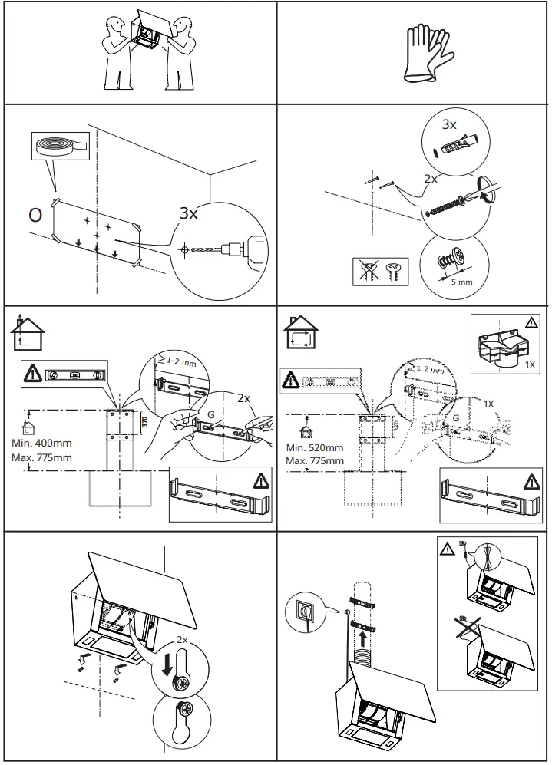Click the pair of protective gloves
[x=425, y=51]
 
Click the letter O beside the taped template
[x=35, y=215]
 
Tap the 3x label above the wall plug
[x=449, y=124]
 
